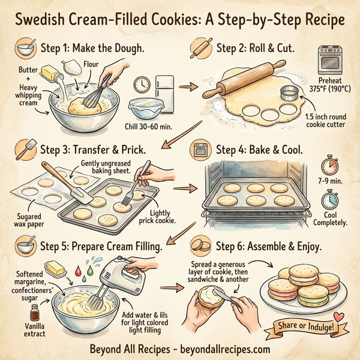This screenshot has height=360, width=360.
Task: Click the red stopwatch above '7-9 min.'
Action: pos(328,166)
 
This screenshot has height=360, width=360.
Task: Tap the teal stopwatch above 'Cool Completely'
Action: pos(328,200)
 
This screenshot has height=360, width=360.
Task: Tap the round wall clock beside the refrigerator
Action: pos(143,84)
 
